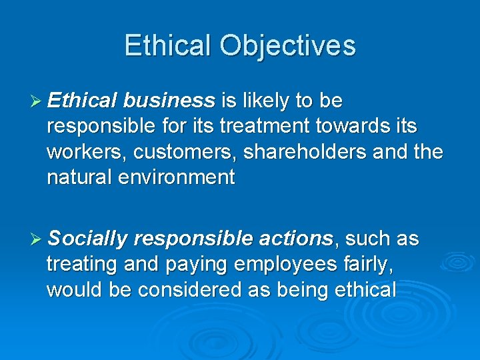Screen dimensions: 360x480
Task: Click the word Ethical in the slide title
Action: pos(168,46)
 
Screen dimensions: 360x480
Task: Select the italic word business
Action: pos(169,101)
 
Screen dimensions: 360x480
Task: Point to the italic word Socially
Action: pos(87,239)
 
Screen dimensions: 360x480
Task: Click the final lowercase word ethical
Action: pos(363,289)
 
